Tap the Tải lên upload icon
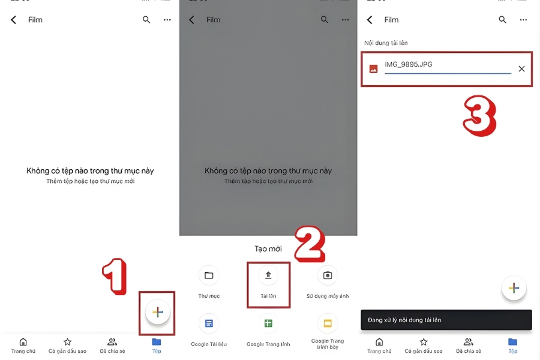(x=268, y=275)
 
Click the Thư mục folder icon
(x=209, y=275)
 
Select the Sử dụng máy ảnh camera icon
(x=328, y=275)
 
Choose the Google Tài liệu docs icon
(x=209, y=323)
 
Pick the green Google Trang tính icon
(x=268, y=323)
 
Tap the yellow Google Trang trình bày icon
(x=328, y=323)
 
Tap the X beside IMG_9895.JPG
(x=521, y=69)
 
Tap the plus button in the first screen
(x=158, y=312)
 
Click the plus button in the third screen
(x=514, y=288)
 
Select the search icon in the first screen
(x=146, y=20)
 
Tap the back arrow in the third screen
(x=370, y=20)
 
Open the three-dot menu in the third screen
(x=523, y=20)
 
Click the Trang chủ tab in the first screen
(x=23, y=345)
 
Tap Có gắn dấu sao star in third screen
(x=424, y=345)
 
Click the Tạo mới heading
(x=268, y=248)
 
